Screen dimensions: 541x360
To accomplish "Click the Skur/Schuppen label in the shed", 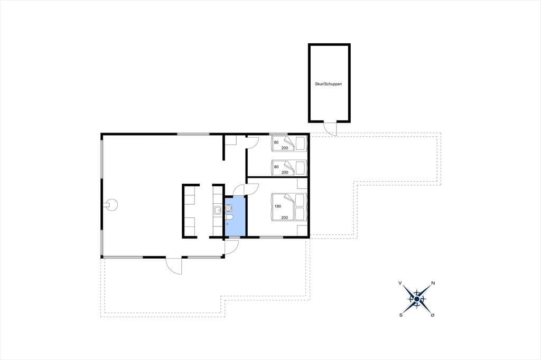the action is click(328, 84).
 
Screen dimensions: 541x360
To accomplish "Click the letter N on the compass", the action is click(433, 283).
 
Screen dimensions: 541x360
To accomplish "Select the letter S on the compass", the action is click(401, 315).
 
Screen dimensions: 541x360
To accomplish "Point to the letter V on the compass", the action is click(400, 283).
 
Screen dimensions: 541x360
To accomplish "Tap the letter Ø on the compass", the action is click(433, 315).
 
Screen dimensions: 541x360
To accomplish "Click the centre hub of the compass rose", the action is click(417, 299).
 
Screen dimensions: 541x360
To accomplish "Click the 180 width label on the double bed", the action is click(278, 206).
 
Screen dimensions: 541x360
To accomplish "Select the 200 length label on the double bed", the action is click(284, 217).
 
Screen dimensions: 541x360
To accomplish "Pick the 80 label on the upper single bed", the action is click(276, 142).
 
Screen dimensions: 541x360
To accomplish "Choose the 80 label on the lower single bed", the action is click(276, 167).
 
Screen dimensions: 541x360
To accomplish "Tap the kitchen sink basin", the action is click(217, 210).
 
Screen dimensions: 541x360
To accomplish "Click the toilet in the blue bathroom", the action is click(229, 217).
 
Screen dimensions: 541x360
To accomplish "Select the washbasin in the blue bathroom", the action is click(228, 208).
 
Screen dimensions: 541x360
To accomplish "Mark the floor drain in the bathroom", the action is click(227, 224).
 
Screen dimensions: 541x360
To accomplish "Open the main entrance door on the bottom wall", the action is click(173, 266).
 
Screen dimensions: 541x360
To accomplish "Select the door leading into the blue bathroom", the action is click(239, 190).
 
